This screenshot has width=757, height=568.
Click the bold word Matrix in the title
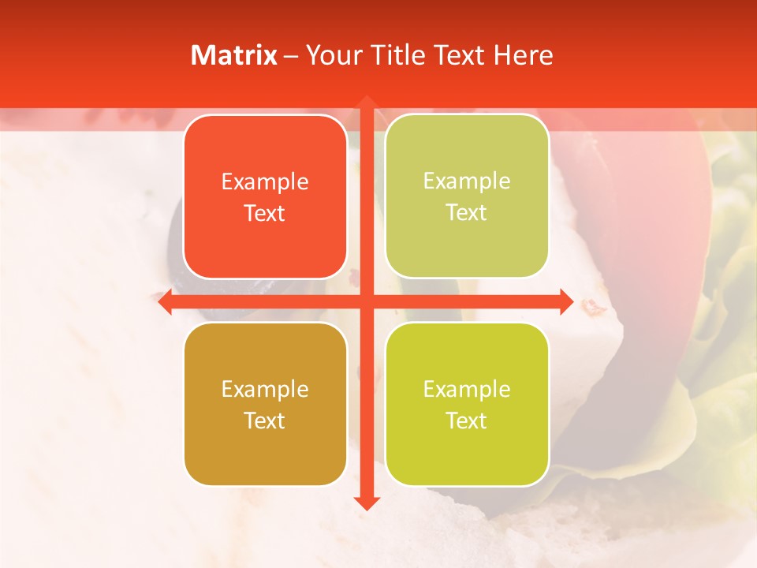pyautogui.click(x=234, y=55)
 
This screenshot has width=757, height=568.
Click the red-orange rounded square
pyautogui.click(x=265, y=197)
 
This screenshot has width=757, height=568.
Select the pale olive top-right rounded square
pyautogui.click(x=467, y=196)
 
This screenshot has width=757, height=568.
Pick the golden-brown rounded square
pyautogui.click(x=265, y=404)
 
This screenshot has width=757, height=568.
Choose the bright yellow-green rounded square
pyautogui.click(x=467, y=404)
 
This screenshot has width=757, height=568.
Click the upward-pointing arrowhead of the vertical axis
pyautogui.click(x=366, y=103)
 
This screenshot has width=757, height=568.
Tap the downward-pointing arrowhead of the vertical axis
pyautogui.click(x=366, y=503)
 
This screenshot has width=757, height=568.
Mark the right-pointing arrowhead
pyautogui.click(x=565, y=302)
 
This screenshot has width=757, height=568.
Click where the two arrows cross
pyautogui.click(x=366, y=302)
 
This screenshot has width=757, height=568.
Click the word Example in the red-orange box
pyautogui.click(x=265, y=182)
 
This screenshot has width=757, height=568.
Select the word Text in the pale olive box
pyautogui.click(x=467, y=213)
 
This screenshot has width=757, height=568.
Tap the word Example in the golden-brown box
pyautogui.click(x=265, y=390)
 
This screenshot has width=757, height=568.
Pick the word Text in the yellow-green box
pyautogui.click(x=467, y=420)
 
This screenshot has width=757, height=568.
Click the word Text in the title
pyautogui.click(x=459, y=55)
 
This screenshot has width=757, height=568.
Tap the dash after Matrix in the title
pyautogui.click(x=291, y=56)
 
